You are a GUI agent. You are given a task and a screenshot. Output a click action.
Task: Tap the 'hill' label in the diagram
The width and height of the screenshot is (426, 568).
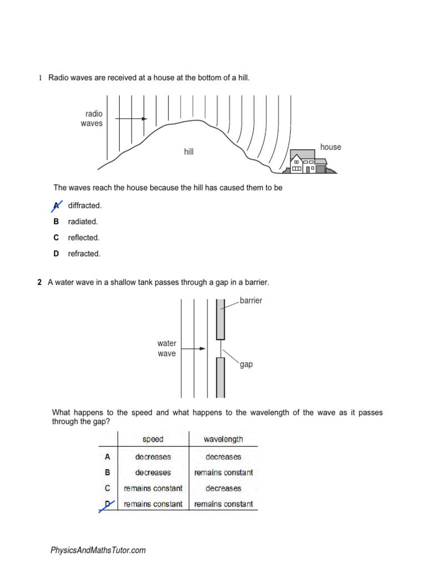tap(189, 151)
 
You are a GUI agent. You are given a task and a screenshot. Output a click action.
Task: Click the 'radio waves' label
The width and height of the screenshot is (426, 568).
tap(92, 119)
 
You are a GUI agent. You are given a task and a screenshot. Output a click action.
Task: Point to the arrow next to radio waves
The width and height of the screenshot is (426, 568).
tap(132, 119)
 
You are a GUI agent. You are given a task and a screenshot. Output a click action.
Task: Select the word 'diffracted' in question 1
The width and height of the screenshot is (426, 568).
tap(85, 206)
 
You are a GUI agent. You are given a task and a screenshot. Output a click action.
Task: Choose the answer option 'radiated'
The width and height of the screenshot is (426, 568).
tap(83, 222)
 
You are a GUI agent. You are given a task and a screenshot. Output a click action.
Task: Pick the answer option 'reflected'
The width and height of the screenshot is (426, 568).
tap(84, 238)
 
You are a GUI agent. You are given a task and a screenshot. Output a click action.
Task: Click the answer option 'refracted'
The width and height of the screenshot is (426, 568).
tap(84, 254)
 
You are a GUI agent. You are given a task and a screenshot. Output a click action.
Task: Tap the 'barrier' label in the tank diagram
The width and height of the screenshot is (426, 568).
tap(251, 301)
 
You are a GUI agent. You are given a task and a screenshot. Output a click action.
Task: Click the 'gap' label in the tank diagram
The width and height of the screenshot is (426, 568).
tap(246, 364)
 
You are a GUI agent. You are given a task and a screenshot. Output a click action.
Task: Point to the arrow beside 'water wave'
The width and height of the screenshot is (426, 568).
tap(194, 349)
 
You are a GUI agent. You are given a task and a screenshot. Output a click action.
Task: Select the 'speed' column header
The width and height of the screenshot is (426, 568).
tap(153, 439)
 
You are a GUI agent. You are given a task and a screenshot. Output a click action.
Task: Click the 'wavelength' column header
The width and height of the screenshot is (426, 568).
tap(223, 439)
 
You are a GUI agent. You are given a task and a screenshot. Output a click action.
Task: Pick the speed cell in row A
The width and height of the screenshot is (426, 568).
tap(153, 457)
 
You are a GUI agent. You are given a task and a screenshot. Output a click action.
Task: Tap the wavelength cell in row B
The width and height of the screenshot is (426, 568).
tap(223, 473)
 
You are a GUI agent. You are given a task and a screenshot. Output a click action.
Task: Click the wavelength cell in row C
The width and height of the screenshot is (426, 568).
tap(223, 489)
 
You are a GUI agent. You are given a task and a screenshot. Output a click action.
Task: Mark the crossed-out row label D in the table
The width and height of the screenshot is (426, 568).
tap(108, 505)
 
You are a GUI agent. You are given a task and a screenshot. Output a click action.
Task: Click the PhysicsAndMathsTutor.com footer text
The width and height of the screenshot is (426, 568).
tap(98, 550)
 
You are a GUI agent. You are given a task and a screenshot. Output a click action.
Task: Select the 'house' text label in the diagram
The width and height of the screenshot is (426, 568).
tap(331, 147)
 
